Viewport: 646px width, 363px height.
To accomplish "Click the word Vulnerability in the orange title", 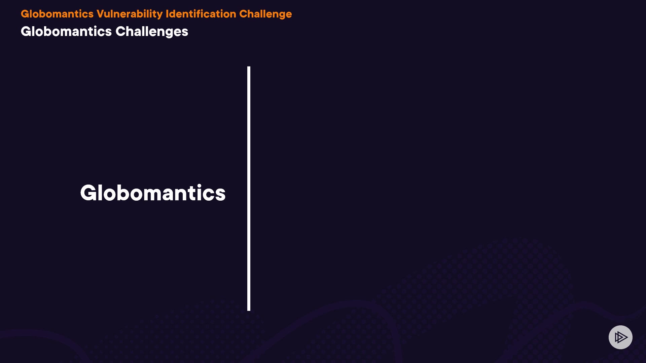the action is (x=130, y=14).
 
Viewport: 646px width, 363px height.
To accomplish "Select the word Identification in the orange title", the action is (x=201, y=14).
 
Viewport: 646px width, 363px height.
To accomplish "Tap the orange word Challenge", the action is (x=265, y=14).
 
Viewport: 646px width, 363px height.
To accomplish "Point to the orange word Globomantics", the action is (x=57, y=14).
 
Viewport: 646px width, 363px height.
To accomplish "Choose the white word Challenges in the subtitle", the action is (x=152, y=32).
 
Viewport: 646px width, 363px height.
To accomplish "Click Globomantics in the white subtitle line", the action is (x=66, y=31).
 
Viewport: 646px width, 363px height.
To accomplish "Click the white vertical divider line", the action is (x=249, y=189).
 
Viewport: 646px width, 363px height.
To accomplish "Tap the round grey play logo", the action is (x=620, y=337).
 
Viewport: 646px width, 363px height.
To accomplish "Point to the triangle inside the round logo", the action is (x=621, y=337).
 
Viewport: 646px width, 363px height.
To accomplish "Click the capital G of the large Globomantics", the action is (x=89, y=193).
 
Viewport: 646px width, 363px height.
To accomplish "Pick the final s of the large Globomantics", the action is (x=220, y=195).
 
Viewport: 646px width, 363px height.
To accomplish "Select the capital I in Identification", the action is (x=167, y=14).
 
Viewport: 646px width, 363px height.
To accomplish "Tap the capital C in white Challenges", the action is (x=120, y=31).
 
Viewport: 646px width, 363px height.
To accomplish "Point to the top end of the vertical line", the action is (x=249, y=67).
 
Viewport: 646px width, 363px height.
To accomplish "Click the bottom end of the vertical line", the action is (x=249, y=311).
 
